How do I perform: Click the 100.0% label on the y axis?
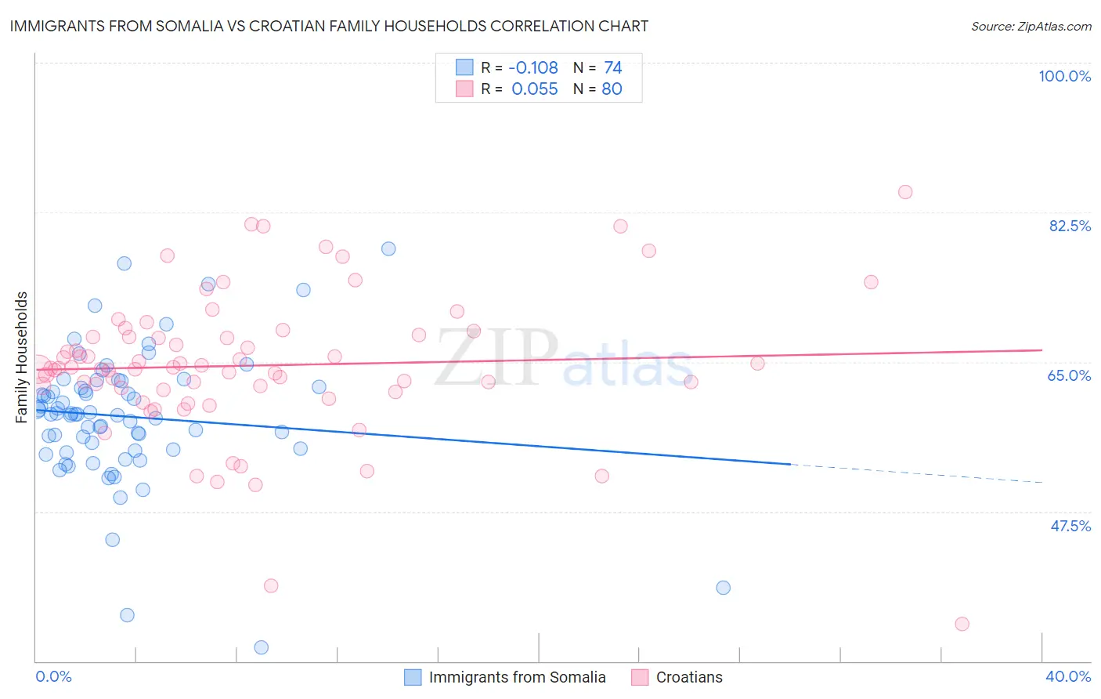click(1064, 76)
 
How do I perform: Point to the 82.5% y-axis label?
click(1070, 226)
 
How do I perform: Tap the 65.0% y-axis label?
click(1069, 375)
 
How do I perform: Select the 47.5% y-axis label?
click(1070, 526)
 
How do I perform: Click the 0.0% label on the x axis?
click(53, 676)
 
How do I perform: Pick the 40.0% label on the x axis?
click(1068, 676)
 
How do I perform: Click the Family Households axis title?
click(22, 357)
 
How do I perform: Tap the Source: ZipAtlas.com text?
click(1031, 26)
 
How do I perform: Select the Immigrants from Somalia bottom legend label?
click(517, 677)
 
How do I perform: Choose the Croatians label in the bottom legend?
click(689, 677)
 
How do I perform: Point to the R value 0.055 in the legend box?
click(535, 89)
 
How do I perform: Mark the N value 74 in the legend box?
click(612, 68)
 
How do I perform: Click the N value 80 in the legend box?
click(612, 89)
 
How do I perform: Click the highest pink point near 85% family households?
click(905, 192)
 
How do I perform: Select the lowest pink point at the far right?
click(962, 624)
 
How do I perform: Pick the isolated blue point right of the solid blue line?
click(723, 588)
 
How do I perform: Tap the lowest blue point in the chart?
click(262, 647)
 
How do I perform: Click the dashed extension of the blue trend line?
click(916, 473)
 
